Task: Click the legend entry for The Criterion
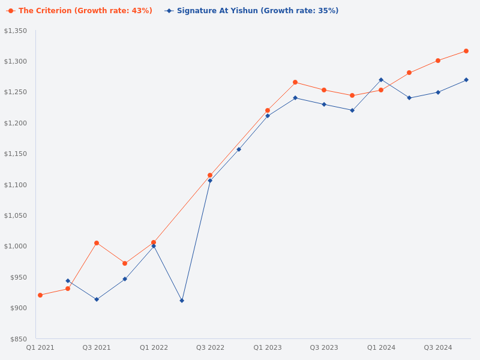pos(79,11)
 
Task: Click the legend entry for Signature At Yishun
pos(252,11)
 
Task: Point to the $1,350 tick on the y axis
pos(16,31)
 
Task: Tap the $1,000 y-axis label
pos(16,246)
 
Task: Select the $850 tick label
pos(18,339)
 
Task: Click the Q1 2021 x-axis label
pos(40,347)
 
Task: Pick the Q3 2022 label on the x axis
pos(210,347)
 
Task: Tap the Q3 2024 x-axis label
pos(438,347)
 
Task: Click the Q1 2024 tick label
pos(381,347)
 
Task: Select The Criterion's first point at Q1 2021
pos(40,295)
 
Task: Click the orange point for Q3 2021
pos(97,243)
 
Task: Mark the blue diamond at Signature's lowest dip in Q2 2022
pos(182,301)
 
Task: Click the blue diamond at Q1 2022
pos(154,246)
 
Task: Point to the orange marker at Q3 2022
pos(210,175)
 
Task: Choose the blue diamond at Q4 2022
pos(239,149)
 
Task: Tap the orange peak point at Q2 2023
pos(295,82)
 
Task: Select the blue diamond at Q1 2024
pos(381,80)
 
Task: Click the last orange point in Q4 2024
pos(466,51)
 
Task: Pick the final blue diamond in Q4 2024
pos(466,80)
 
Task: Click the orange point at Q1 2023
pos(268,110)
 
